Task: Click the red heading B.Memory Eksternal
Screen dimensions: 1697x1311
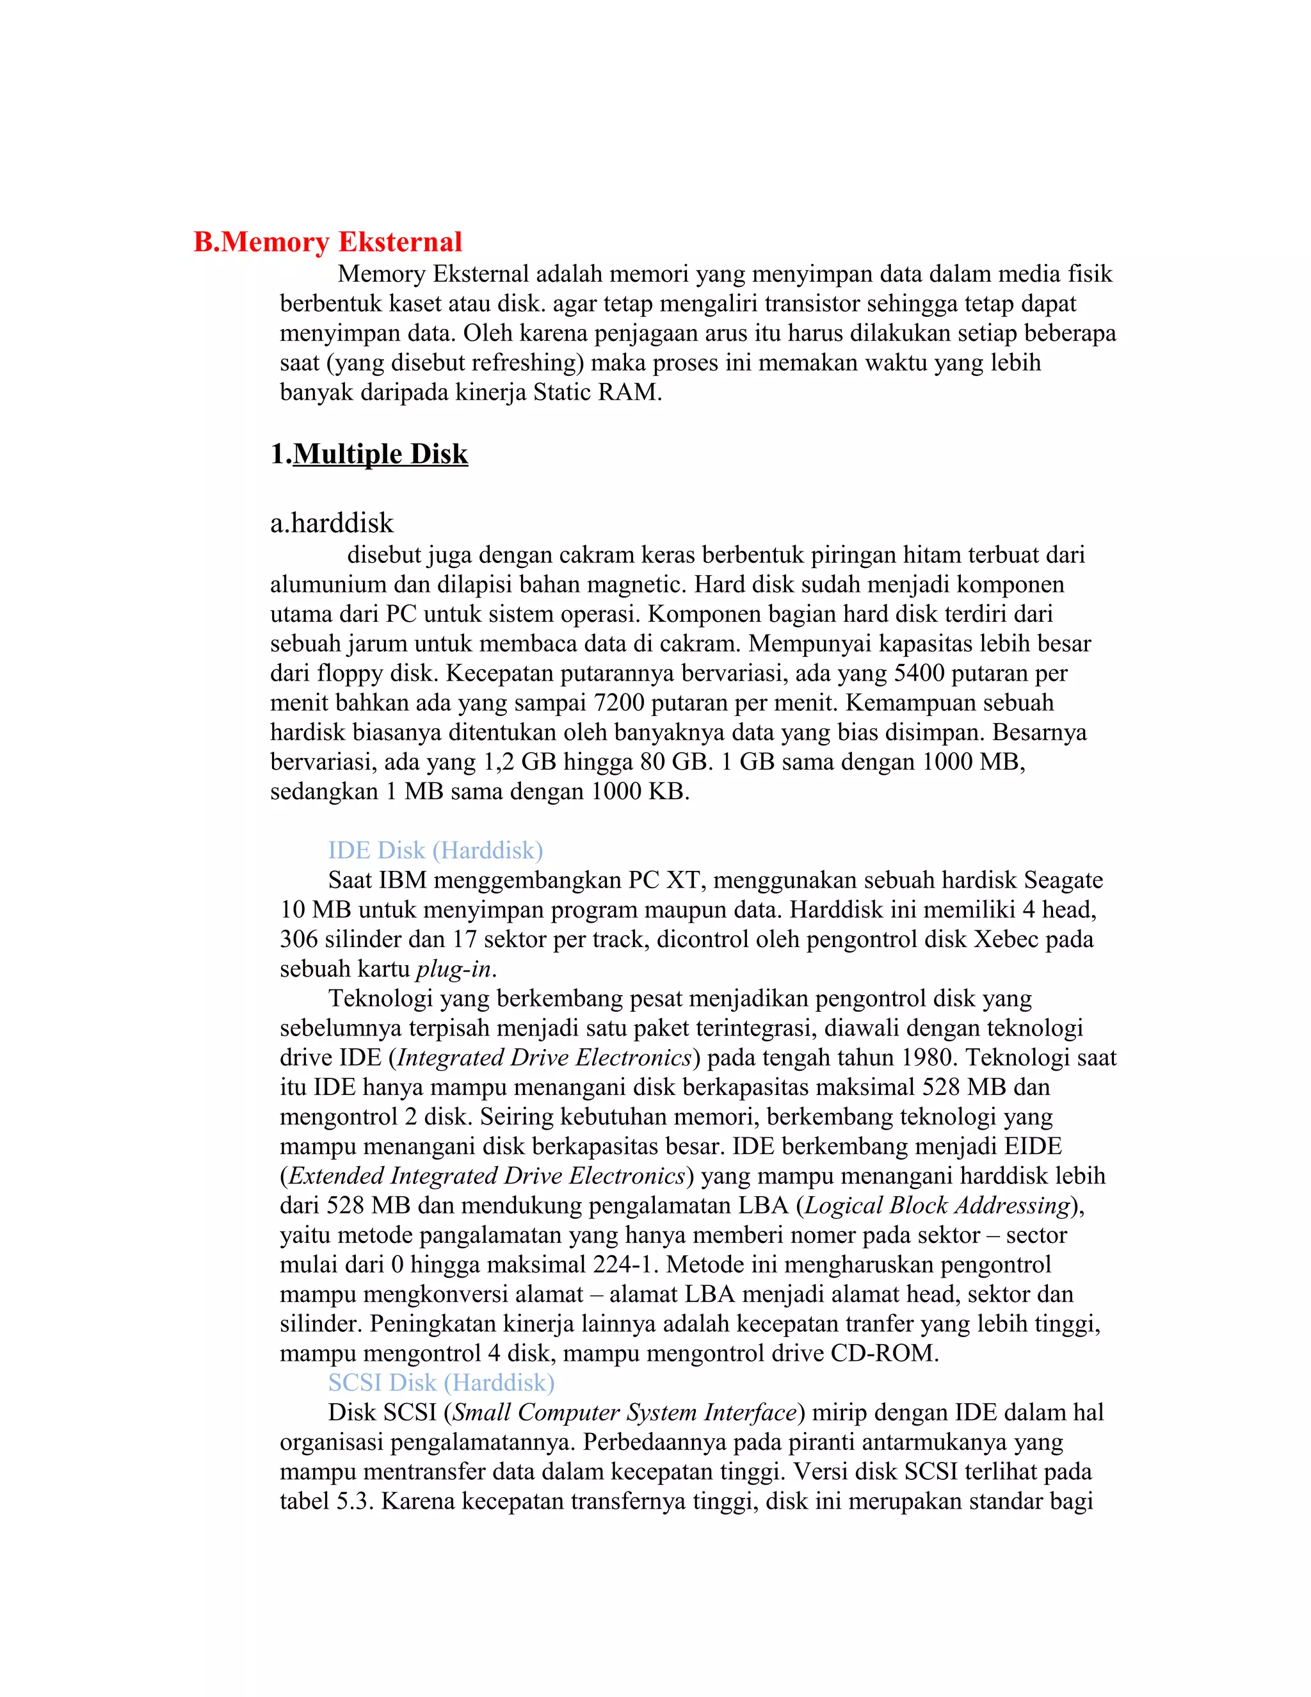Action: tap(327, 243)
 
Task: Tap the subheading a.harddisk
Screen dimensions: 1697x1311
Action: tap(332, 523)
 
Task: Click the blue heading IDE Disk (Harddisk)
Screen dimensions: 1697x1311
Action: tap(435, 850)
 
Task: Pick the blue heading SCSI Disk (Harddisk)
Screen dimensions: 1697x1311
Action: tap(441, 1383)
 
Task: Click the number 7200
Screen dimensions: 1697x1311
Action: tap(619, 702)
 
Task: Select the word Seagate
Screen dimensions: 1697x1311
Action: tap(1063, 880)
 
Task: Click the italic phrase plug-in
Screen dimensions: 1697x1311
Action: tap(454, 969)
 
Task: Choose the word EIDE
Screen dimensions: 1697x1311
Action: tap(1032, 1146)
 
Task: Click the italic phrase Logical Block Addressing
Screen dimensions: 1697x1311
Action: tap(937, 1205)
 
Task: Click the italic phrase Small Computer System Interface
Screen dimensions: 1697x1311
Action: tap(624, 1412)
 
